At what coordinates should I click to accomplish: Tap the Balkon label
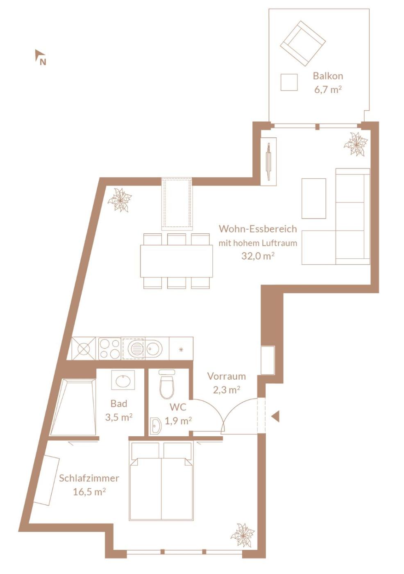(328, 76)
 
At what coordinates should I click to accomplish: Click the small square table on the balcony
(289, 82)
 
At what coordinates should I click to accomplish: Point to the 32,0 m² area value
(256, 256)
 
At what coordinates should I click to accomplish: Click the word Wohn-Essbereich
(258, 229)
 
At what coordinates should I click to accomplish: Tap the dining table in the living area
(177, 261)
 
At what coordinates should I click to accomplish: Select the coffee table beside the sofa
(313, 198)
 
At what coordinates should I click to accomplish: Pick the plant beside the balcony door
(356, 144)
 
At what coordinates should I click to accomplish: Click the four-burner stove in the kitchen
(110, 348)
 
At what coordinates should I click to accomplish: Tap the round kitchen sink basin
(154, 348)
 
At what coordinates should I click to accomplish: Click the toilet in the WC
(167, 385)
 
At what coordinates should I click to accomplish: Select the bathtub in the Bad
(73, 408)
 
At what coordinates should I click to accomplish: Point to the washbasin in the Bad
(123, 380)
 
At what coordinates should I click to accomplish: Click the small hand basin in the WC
(155, 426)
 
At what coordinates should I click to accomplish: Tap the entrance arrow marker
(275, 416)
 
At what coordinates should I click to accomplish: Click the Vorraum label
(227, 376)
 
